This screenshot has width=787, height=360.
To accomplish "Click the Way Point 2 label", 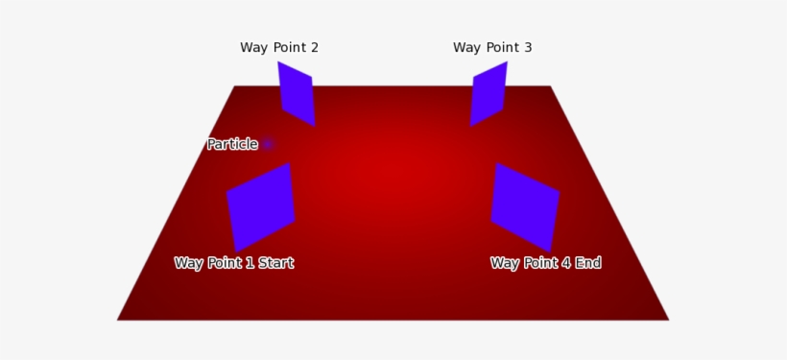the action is [278, 48].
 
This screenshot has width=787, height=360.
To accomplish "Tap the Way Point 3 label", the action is [491, 48].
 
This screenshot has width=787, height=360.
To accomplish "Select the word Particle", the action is [232, 145].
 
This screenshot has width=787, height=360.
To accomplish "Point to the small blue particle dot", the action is [268, 144].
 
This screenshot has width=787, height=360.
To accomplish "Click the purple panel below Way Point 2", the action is [297, 94].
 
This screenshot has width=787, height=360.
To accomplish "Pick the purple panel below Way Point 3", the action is [489, 94].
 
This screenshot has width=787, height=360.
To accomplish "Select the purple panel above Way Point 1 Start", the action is [261, 207].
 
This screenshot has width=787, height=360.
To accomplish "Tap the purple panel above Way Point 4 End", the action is [524, 207].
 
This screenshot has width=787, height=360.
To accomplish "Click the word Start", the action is [275, 263].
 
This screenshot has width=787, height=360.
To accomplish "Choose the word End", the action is [588, 263].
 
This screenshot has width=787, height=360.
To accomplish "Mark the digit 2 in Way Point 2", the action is [314, 48].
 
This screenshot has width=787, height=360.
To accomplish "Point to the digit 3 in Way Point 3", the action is [527, 48].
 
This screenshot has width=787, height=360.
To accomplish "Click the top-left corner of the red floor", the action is [235, 87].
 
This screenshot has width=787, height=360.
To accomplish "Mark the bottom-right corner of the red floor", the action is [667, 319].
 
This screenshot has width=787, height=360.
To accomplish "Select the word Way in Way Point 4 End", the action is [505, 263].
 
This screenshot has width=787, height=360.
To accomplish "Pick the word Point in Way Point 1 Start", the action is [223, 263].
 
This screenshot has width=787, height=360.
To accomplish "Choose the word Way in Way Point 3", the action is [466, 48].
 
